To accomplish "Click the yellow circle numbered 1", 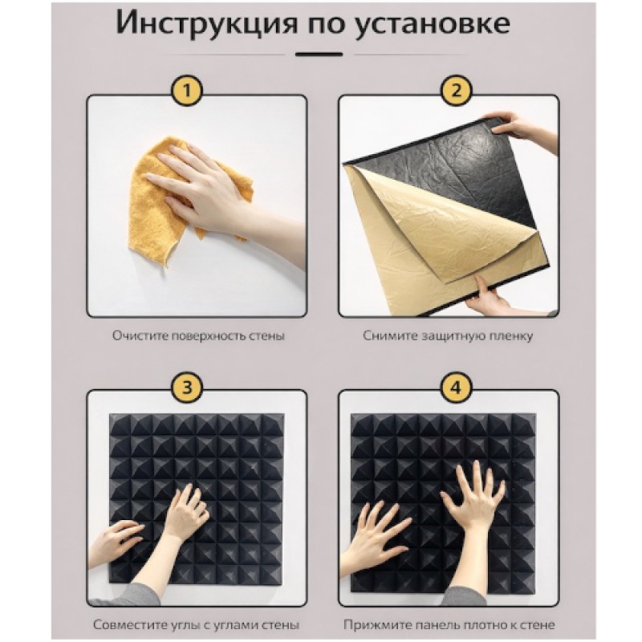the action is [187, 91].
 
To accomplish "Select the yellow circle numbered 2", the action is [456, 91].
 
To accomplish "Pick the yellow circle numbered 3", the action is [187, 387].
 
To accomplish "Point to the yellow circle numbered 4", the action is [456, 387].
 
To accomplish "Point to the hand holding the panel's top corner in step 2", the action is [524, 127].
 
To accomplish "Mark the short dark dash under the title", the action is [319, 54].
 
